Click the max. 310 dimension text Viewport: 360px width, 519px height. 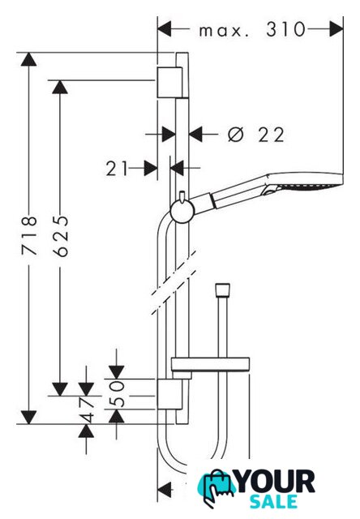click(x=252, y=30)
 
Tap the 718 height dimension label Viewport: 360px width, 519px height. click(x=29, y=236)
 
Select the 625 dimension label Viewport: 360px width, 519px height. click(x=61, y=236)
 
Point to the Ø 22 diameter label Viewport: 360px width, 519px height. click(x=255, y=135)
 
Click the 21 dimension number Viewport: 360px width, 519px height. click(x=117, y=169)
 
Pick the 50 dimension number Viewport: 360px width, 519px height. click(x=117, y=393)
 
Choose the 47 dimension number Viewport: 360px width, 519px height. click(x=87, y=410)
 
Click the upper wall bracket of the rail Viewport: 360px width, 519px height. click(x=169, y=83)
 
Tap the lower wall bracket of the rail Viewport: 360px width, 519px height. click(x=169, y=394)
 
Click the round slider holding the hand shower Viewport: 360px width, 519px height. click(x=182, y=212)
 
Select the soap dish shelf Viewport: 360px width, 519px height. click(x=210, y=364)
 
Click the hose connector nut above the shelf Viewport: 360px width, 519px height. click(x=222, y=290)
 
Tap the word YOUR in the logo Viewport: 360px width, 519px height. click(x=276, y=482)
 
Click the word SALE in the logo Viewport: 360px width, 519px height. click(x=273, y=501)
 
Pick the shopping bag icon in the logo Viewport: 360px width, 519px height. click(x=216, y=487)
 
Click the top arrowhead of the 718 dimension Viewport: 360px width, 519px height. click(x=29, y=59)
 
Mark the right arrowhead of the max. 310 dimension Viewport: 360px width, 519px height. click(x=336, y=29)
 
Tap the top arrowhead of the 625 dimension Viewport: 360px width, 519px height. click(x=60, y=87)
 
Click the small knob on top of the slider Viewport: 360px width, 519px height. click(x=182, y=196)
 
